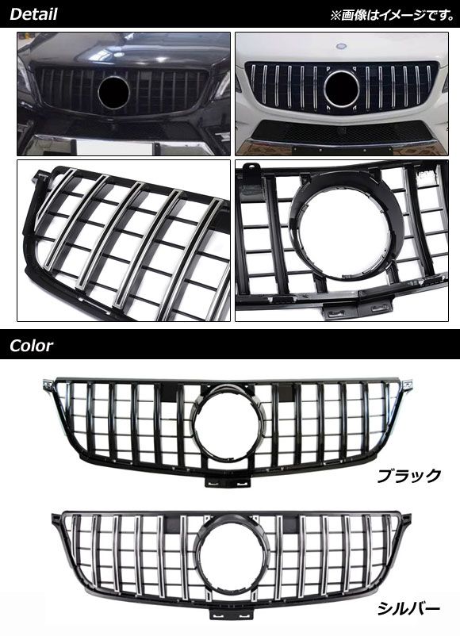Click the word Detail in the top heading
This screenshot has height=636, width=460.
click(x=33, y=14)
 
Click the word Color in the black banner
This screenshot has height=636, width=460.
click(x=31, y=346)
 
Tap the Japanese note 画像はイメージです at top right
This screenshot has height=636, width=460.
click(x=393, y=15)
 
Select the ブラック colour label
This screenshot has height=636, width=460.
click(x=408, y=475)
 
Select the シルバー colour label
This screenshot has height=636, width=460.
click(x=408, y=608)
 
